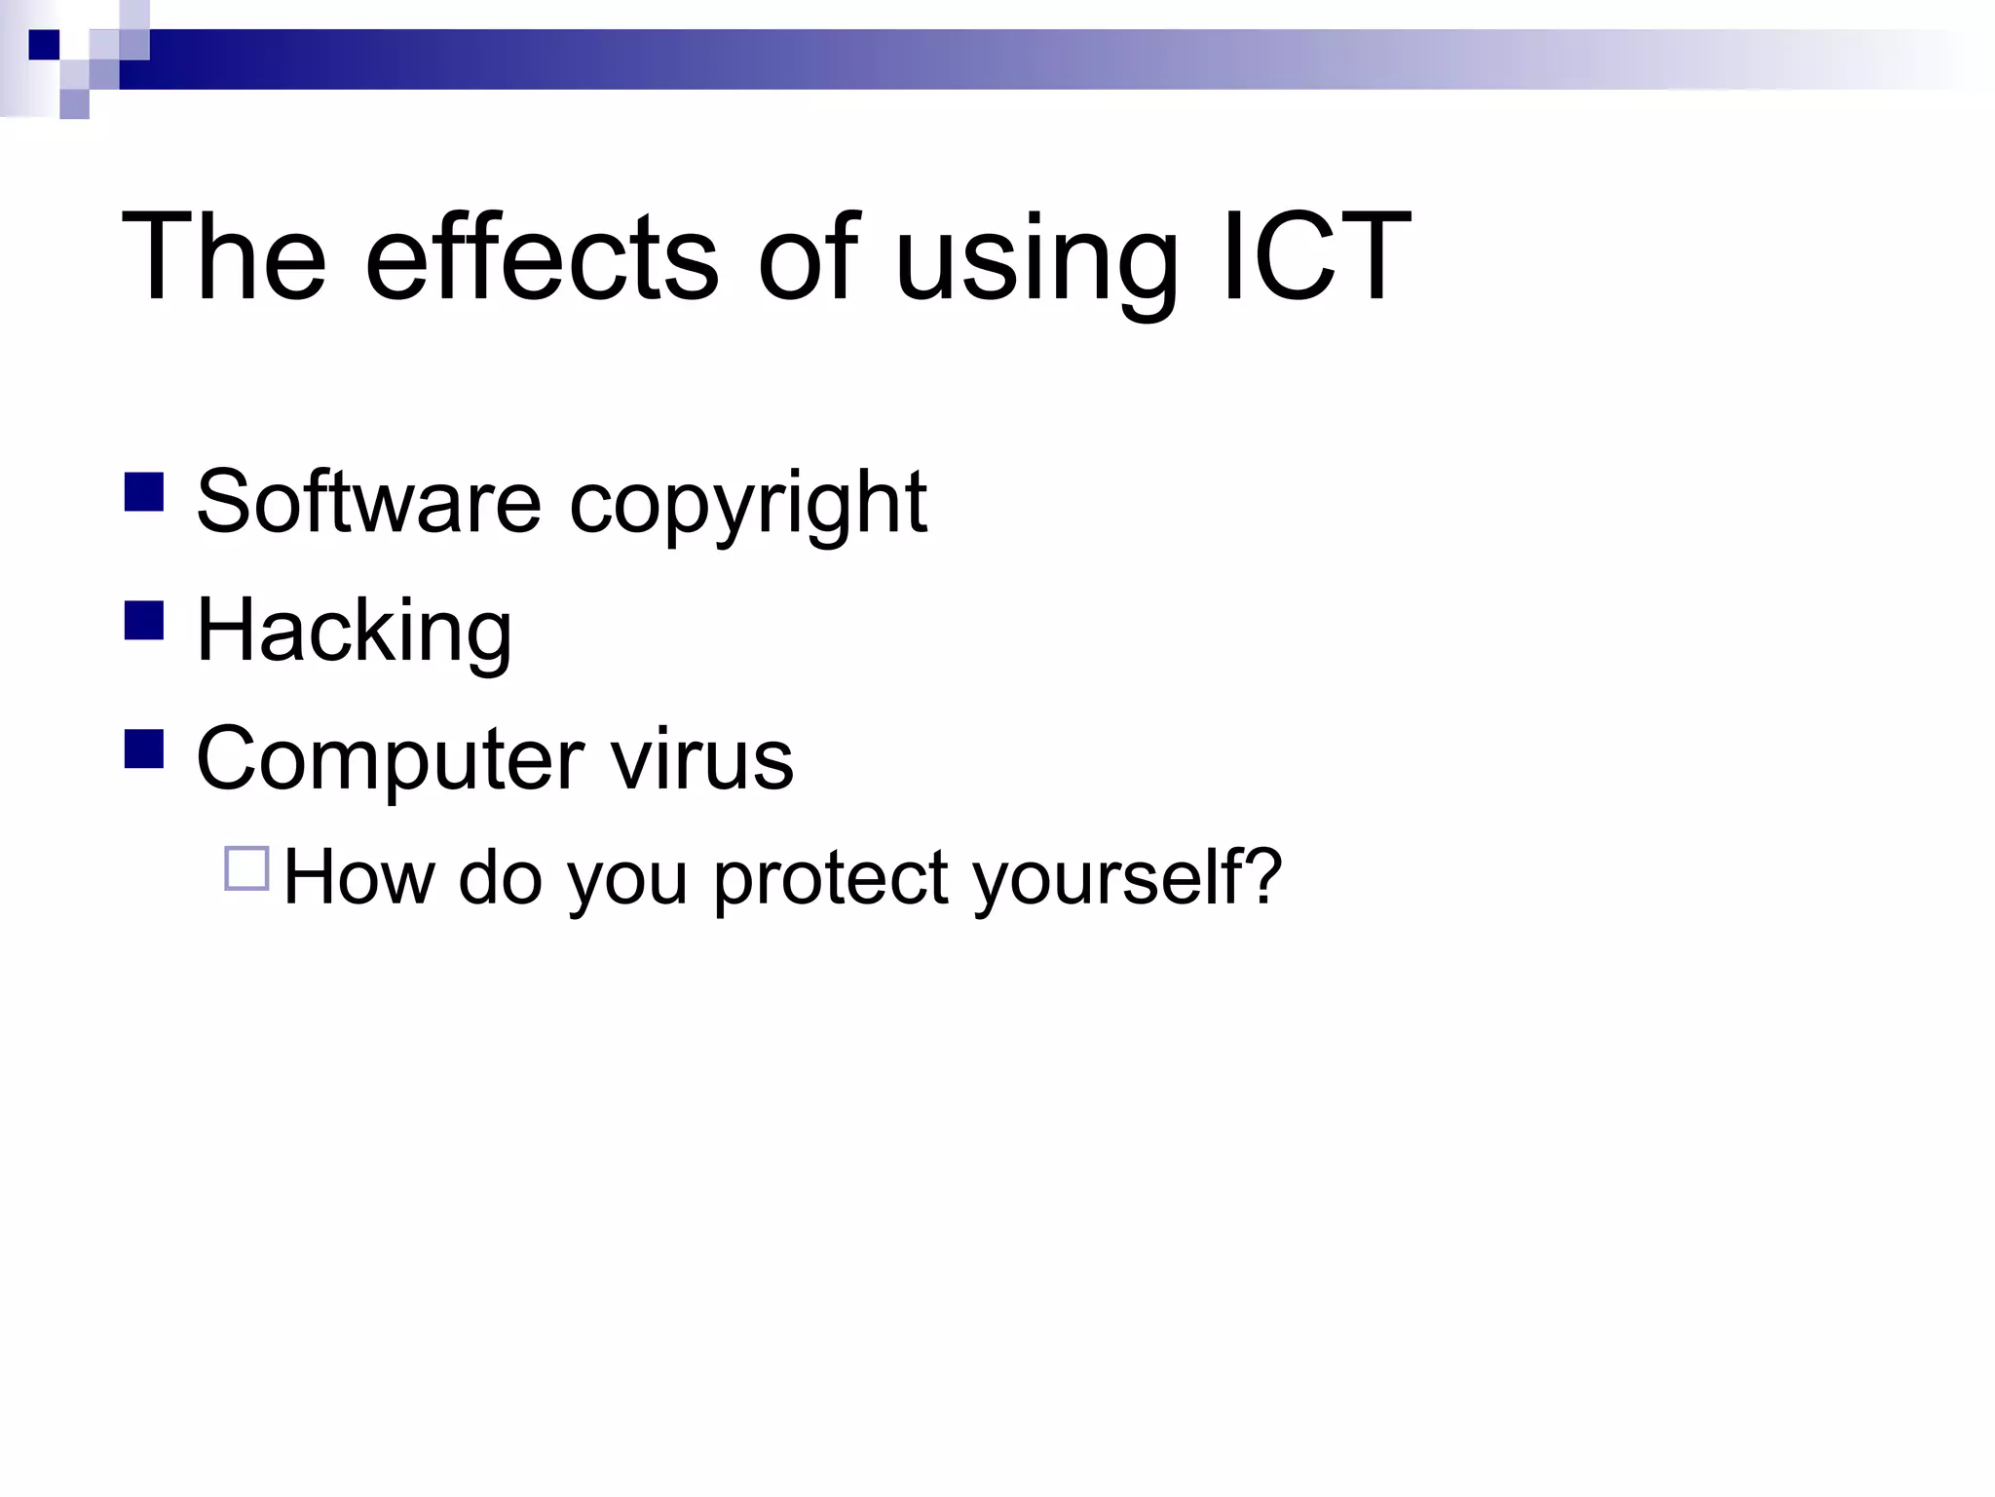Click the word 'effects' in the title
[542, 258]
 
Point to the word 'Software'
[368, 502]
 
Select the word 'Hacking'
[355, 632]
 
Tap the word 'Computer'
[390, 760]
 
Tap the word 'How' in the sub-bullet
[358, 876]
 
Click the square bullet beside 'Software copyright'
[144, 492]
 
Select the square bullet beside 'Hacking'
[144, 621]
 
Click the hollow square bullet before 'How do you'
[246, 868]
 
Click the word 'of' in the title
[808, 258]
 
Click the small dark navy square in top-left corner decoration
[44, 45]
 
